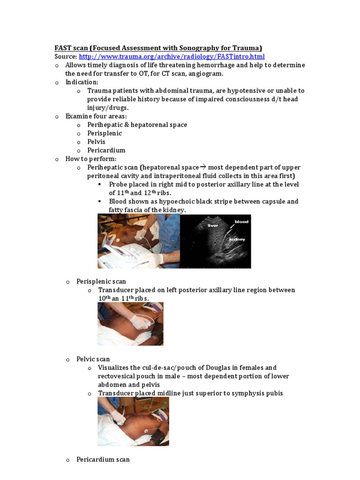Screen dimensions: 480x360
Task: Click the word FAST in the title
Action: point(63,48)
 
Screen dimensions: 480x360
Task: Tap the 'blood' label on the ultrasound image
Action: point(241,221)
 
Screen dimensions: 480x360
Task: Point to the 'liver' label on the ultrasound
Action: point(213,225)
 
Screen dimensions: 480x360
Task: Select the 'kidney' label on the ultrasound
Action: point(237,239)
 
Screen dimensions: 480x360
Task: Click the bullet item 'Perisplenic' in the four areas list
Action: point(104,133)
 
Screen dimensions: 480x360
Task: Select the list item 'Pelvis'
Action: point(96,142)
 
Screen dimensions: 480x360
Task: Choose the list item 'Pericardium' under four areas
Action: point(106,150)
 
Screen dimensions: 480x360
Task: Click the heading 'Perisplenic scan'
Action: point(101,281)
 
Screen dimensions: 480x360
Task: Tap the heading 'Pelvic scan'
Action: point(93,359)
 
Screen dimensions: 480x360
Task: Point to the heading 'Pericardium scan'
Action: point(103,459)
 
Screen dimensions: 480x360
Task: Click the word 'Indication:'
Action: point(82,82)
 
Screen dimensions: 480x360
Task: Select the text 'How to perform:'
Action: point(90,159)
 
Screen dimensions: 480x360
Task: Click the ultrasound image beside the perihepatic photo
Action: point(215,241)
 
